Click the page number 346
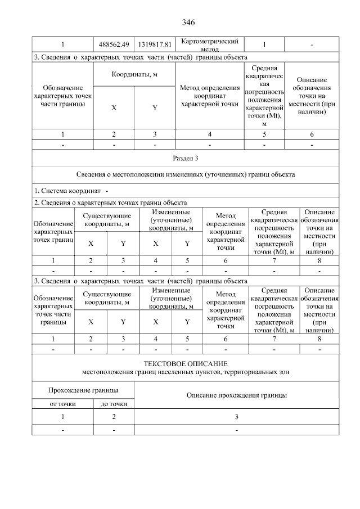(188, 23)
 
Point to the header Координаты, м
(134, 75)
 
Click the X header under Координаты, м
(114, 108)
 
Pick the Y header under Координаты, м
(155, 108)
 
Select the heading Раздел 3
(185, 159)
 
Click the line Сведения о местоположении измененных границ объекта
(185, 174)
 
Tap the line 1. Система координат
(71, 192)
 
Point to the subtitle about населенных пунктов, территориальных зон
(185, 372)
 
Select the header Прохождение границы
(83, 390)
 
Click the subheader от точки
(62, 403)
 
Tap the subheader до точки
(114, 403)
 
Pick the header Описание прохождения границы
(237, 395)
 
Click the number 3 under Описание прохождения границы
(237, 417)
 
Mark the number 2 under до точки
(114, 417)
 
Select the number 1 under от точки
(62, 417)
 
